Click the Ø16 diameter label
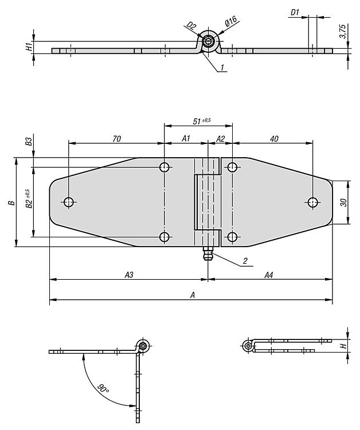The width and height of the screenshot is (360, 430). pos(231,21)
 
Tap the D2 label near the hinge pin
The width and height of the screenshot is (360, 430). pos(191,26)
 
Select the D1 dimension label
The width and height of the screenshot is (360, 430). pos(295,13)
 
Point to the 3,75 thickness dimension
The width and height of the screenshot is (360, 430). pos(342,32)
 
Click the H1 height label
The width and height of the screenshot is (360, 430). pos(29,46)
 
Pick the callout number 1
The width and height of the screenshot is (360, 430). pos(222,67)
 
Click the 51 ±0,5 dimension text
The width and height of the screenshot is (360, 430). pos(202,121)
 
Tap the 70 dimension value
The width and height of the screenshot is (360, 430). pos(116,139)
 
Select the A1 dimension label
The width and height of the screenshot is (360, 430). pos(186,139)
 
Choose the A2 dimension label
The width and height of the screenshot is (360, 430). pos(221,139)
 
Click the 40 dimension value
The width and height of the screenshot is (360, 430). pos(274,139)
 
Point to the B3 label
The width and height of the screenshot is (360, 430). pos(29,141)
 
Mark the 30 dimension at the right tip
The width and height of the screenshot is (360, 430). pos(343,202)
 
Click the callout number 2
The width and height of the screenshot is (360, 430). pos(245,261)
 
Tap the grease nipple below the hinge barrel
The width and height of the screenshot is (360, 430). pos(208,253)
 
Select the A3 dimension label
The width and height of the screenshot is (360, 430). pos(129,275)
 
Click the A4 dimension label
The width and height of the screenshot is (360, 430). pos(269,275)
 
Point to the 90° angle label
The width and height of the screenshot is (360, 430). pos(103,389)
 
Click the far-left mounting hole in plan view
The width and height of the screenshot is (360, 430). pos(69,202)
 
